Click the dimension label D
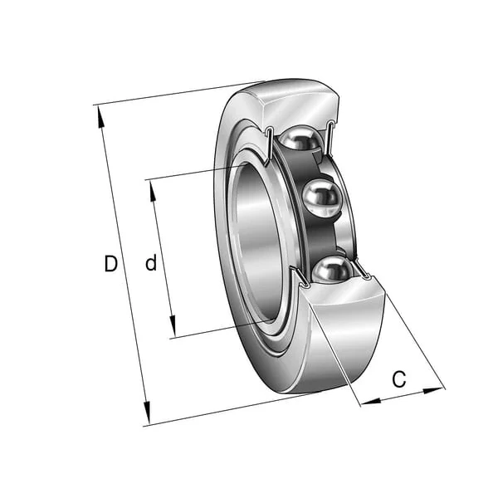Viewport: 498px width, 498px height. click(111, 263)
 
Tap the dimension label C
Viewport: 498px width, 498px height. click(399, 378)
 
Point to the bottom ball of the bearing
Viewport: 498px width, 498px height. click(333, 269)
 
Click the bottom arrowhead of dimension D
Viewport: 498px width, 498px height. click(146, 413)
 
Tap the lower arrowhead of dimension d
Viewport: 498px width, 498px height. click(173, 326)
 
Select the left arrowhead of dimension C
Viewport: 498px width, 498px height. click(371, 402)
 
